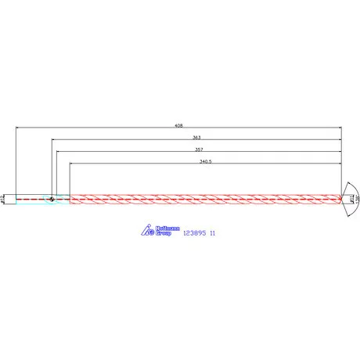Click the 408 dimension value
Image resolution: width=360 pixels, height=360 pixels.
point(179,124)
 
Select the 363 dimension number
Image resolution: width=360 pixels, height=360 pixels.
point(196,137)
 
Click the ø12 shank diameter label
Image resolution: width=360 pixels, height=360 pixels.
point(5,200)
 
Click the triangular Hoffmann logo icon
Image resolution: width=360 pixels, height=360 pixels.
point(146,230)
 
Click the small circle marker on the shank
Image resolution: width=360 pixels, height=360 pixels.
point(51,199)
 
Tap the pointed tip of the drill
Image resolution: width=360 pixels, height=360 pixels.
point(343,199)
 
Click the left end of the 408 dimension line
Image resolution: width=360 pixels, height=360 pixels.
point(16,128)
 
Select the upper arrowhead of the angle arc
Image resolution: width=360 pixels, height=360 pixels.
point(347,182)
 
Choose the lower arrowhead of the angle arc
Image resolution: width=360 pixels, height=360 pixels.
point(347,216)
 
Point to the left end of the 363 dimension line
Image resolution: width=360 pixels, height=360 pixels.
point(53,141)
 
